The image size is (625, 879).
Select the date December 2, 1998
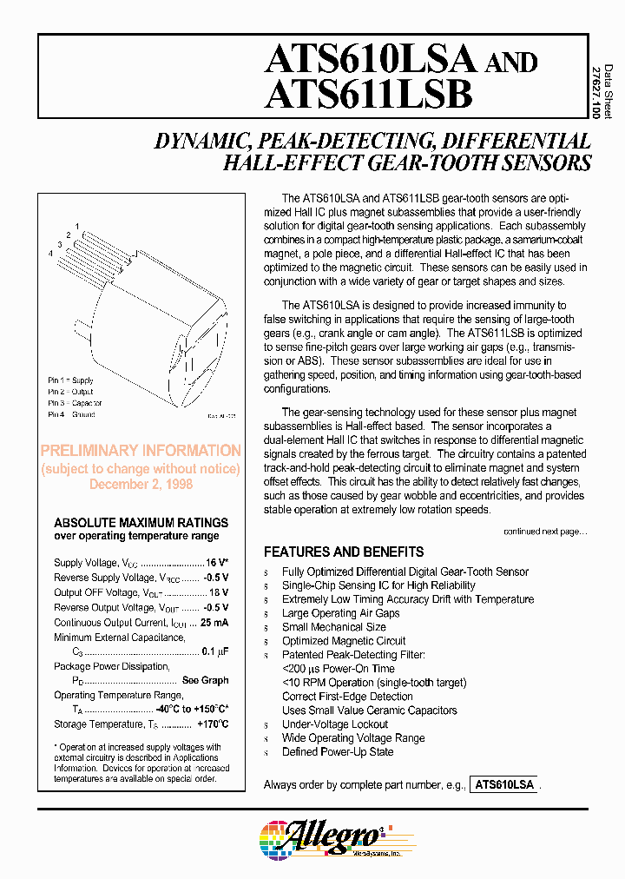click(141, 485)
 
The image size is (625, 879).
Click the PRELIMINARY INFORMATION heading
click(141, 451)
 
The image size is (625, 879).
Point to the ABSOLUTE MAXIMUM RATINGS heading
click(141, 523)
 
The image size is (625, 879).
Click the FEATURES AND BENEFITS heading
click(344, 552)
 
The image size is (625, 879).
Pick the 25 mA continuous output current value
click(214, 623)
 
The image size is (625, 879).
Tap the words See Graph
click(205, 681)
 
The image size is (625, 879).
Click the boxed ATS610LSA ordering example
click(503, 785)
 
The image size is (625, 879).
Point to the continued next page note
click(545, 532)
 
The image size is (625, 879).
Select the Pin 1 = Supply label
click(70, 380)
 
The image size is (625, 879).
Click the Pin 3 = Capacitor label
click(75, 403)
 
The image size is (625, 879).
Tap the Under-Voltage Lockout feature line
click(335, 724)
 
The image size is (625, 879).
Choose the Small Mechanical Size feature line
click(333, 627)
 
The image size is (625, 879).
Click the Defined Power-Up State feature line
click(338, 752)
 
